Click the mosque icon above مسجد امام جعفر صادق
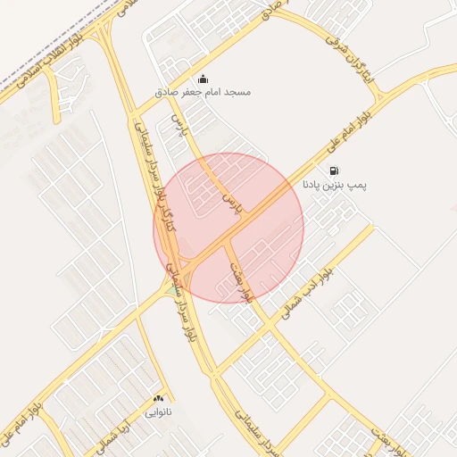click(203, 79)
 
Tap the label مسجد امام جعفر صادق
click(204, 92)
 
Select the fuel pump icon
click(334, 170)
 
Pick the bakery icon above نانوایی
click(159, 398)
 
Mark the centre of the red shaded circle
click(228, 228)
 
